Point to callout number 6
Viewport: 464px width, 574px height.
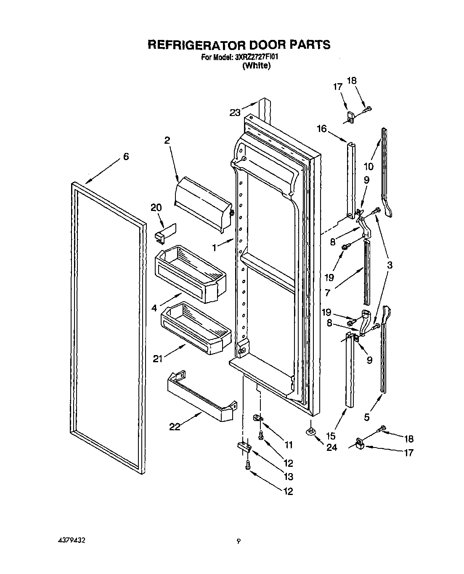pyautogui.click(x=126, y=156)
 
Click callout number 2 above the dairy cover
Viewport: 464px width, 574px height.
pyautogui.click(x=167, y=141)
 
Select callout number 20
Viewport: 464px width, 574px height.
pyautogui.click(x=156, y=207)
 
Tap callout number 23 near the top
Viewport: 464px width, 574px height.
pyautogui.click(x=235, y=112)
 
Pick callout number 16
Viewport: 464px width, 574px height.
pyautogui.click(x=322, y=129)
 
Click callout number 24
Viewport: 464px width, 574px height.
pyautogui.click(x=332, y=448)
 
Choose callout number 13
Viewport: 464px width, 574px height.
pyautogui.click(x=288, y=477)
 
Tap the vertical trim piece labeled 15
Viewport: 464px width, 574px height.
pyautogui.click(x=349, y=370)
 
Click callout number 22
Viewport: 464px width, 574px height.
pyautogui.click(x=175, y=427)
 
